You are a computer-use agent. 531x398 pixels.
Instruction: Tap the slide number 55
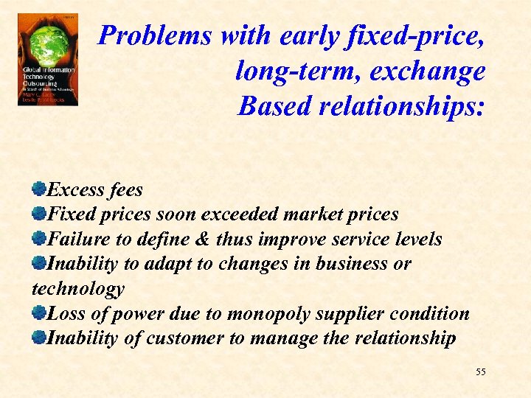point(481,372)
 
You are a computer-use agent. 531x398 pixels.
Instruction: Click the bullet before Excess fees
point(39,189)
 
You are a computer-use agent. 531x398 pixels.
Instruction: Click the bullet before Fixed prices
point(39,214)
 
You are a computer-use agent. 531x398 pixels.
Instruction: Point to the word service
point(357,239)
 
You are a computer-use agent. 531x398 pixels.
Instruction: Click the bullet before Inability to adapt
point(39,262)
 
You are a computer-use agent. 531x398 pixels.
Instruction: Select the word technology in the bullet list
point(78,288)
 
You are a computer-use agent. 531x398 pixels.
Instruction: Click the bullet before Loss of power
point(39,313)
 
